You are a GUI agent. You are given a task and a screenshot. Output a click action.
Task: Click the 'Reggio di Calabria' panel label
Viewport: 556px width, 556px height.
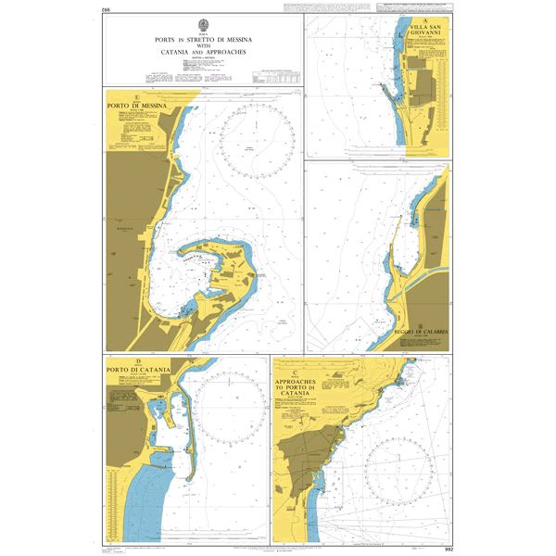coord(421,331)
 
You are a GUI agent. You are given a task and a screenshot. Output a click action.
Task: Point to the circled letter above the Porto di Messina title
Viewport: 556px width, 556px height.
coord(138,96)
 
